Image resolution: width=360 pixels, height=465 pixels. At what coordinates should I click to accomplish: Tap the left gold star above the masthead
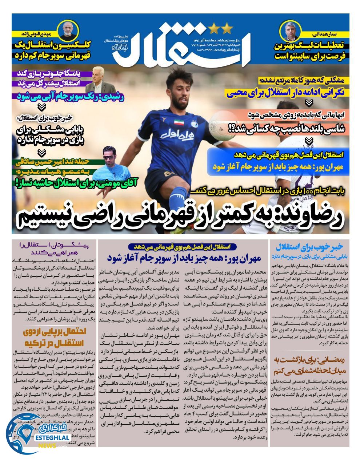point(214,27)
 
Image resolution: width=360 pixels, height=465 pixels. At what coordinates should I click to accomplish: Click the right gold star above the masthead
point(227,27)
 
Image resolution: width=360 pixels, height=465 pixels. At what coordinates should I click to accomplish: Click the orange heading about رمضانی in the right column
point(310,365)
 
